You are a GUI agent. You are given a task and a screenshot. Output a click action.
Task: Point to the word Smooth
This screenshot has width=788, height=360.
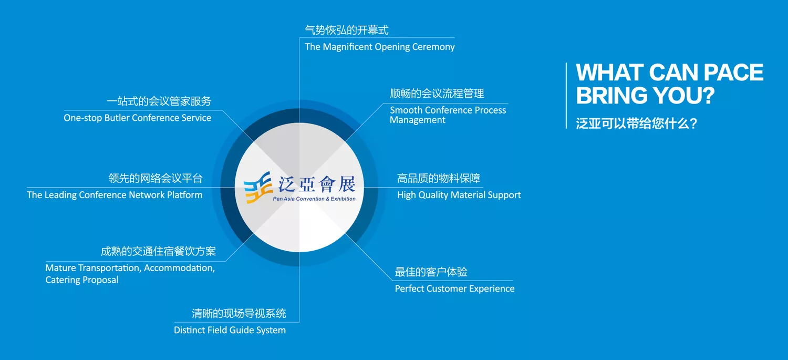[x=406, y=110]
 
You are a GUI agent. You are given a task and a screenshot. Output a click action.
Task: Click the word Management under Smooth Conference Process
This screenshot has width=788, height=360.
[x=418, y=120]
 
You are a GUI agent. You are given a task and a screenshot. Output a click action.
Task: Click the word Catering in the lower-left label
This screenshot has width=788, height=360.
[x=63, y=280]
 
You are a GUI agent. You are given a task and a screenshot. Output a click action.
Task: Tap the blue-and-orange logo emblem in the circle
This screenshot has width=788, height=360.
[x=258, y=188]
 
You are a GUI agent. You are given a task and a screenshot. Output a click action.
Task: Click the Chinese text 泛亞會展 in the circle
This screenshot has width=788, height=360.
[x=317, y=184]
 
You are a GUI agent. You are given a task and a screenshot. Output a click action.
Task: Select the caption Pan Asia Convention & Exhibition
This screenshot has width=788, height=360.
[x=314, y=199]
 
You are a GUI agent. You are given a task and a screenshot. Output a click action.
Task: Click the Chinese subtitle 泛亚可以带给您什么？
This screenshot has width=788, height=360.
[x=637, y=124]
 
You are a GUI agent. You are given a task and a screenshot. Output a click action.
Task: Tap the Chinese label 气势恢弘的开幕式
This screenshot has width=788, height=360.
[x=347, y=30]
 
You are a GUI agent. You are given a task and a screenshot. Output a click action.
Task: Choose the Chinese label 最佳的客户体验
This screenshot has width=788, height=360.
[x=431, y=272]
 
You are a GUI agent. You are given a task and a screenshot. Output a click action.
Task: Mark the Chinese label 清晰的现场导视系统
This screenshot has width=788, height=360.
[x=239, y=313]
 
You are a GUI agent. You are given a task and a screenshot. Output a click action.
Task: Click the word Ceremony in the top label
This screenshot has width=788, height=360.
[x=433, y=47]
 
